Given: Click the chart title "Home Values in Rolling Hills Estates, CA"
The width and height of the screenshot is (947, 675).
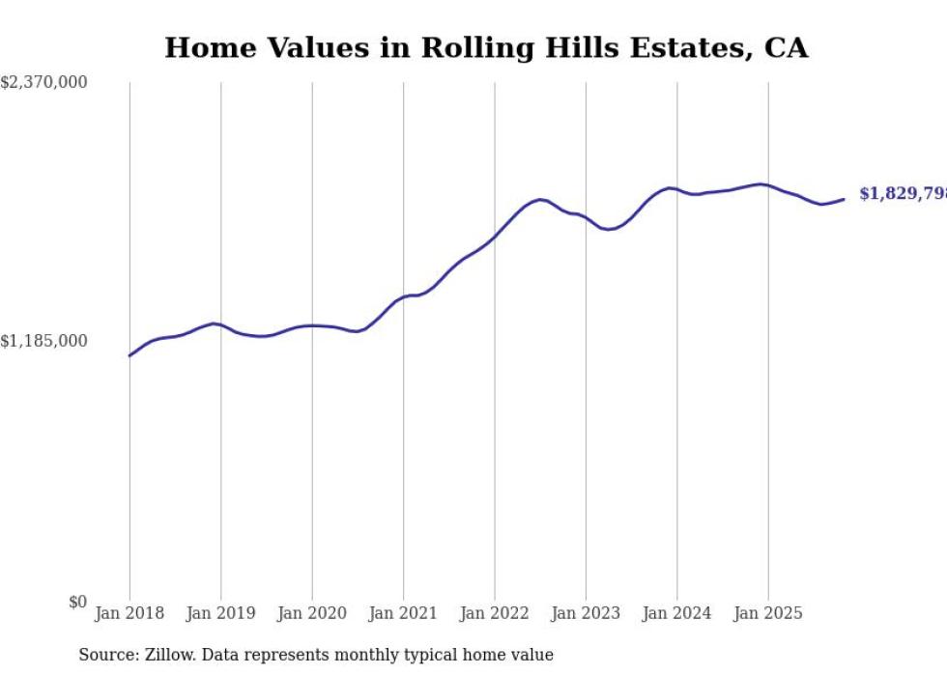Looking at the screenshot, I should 486,48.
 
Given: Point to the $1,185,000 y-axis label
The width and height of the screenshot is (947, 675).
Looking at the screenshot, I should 44,341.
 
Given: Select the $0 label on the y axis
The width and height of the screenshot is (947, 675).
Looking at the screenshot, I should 77,602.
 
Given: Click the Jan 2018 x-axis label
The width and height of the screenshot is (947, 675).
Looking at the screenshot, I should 129,613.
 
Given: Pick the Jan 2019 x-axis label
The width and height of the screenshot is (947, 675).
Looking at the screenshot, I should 221,613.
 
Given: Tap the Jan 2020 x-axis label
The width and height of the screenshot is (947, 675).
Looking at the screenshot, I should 312,613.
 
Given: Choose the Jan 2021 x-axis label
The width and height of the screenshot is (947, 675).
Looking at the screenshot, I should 404,613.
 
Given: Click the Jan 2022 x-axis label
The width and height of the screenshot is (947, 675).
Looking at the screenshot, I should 495,613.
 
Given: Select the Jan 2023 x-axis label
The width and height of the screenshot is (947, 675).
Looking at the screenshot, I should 586,613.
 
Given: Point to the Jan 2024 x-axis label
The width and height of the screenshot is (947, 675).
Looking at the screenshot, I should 677,613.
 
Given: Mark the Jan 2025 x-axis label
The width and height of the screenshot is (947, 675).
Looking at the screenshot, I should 768,613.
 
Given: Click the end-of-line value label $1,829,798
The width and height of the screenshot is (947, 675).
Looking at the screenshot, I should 903,194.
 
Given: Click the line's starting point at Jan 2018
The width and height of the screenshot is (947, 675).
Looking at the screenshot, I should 129,355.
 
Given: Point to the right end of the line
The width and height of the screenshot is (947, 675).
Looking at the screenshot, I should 844,199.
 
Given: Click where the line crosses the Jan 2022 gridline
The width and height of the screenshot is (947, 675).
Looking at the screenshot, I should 495,235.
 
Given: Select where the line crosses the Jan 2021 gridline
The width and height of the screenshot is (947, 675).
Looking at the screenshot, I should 404,296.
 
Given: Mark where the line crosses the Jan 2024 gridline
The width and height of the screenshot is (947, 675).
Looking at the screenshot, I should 677,189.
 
